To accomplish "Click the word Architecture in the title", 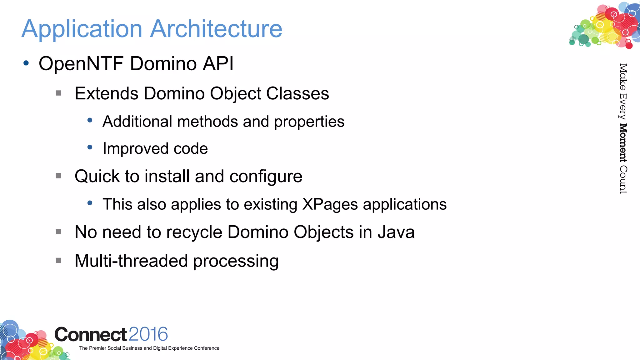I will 216,29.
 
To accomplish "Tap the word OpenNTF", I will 81,64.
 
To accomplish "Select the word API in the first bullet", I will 218,64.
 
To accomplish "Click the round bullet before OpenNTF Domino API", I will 26,63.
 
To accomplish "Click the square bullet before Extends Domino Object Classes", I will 58,93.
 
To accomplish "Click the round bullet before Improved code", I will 90,147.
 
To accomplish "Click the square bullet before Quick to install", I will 58,176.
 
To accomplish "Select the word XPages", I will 330,205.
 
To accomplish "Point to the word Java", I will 396,232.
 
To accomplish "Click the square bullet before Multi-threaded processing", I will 58,260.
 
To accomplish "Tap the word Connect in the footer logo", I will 91,335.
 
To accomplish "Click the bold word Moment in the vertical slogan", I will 623,143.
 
